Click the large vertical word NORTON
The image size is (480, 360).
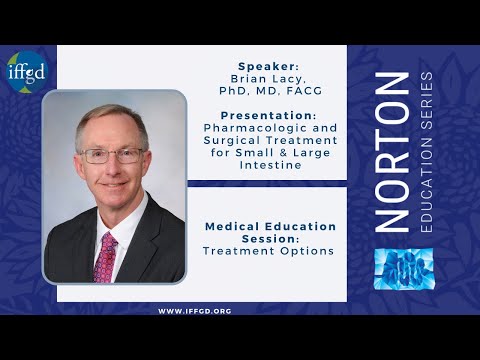(394, 150)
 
